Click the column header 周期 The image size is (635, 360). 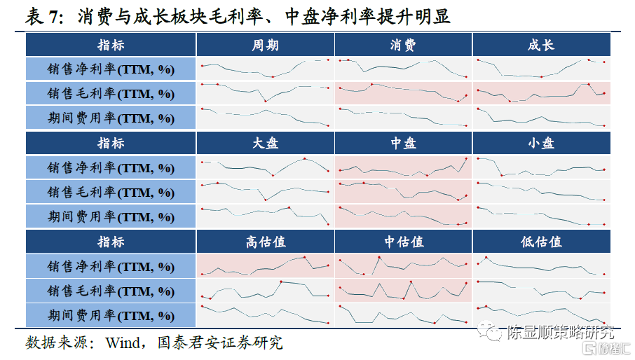click(265, 45)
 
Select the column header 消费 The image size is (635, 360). click(403, 45)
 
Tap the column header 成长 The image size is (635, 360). click(541, 45)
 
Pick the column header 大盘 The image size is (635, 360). click(265, 143)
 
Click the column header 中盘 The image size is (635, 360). click(403, 143)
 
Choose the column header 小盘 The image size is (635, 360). click(541, 143)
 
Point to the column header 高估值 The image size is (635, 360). click(265, 242)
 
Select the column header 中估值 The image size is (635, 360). click(403, 242)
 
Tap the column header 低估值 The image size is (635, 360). click(541, 242)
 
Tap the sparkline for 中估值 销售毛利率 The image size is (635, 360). click(403, 291)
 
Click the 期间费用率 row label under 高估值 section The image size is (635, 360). click(111, 315)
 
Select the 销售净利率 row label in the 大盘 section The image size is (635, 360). click(111, 167)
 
